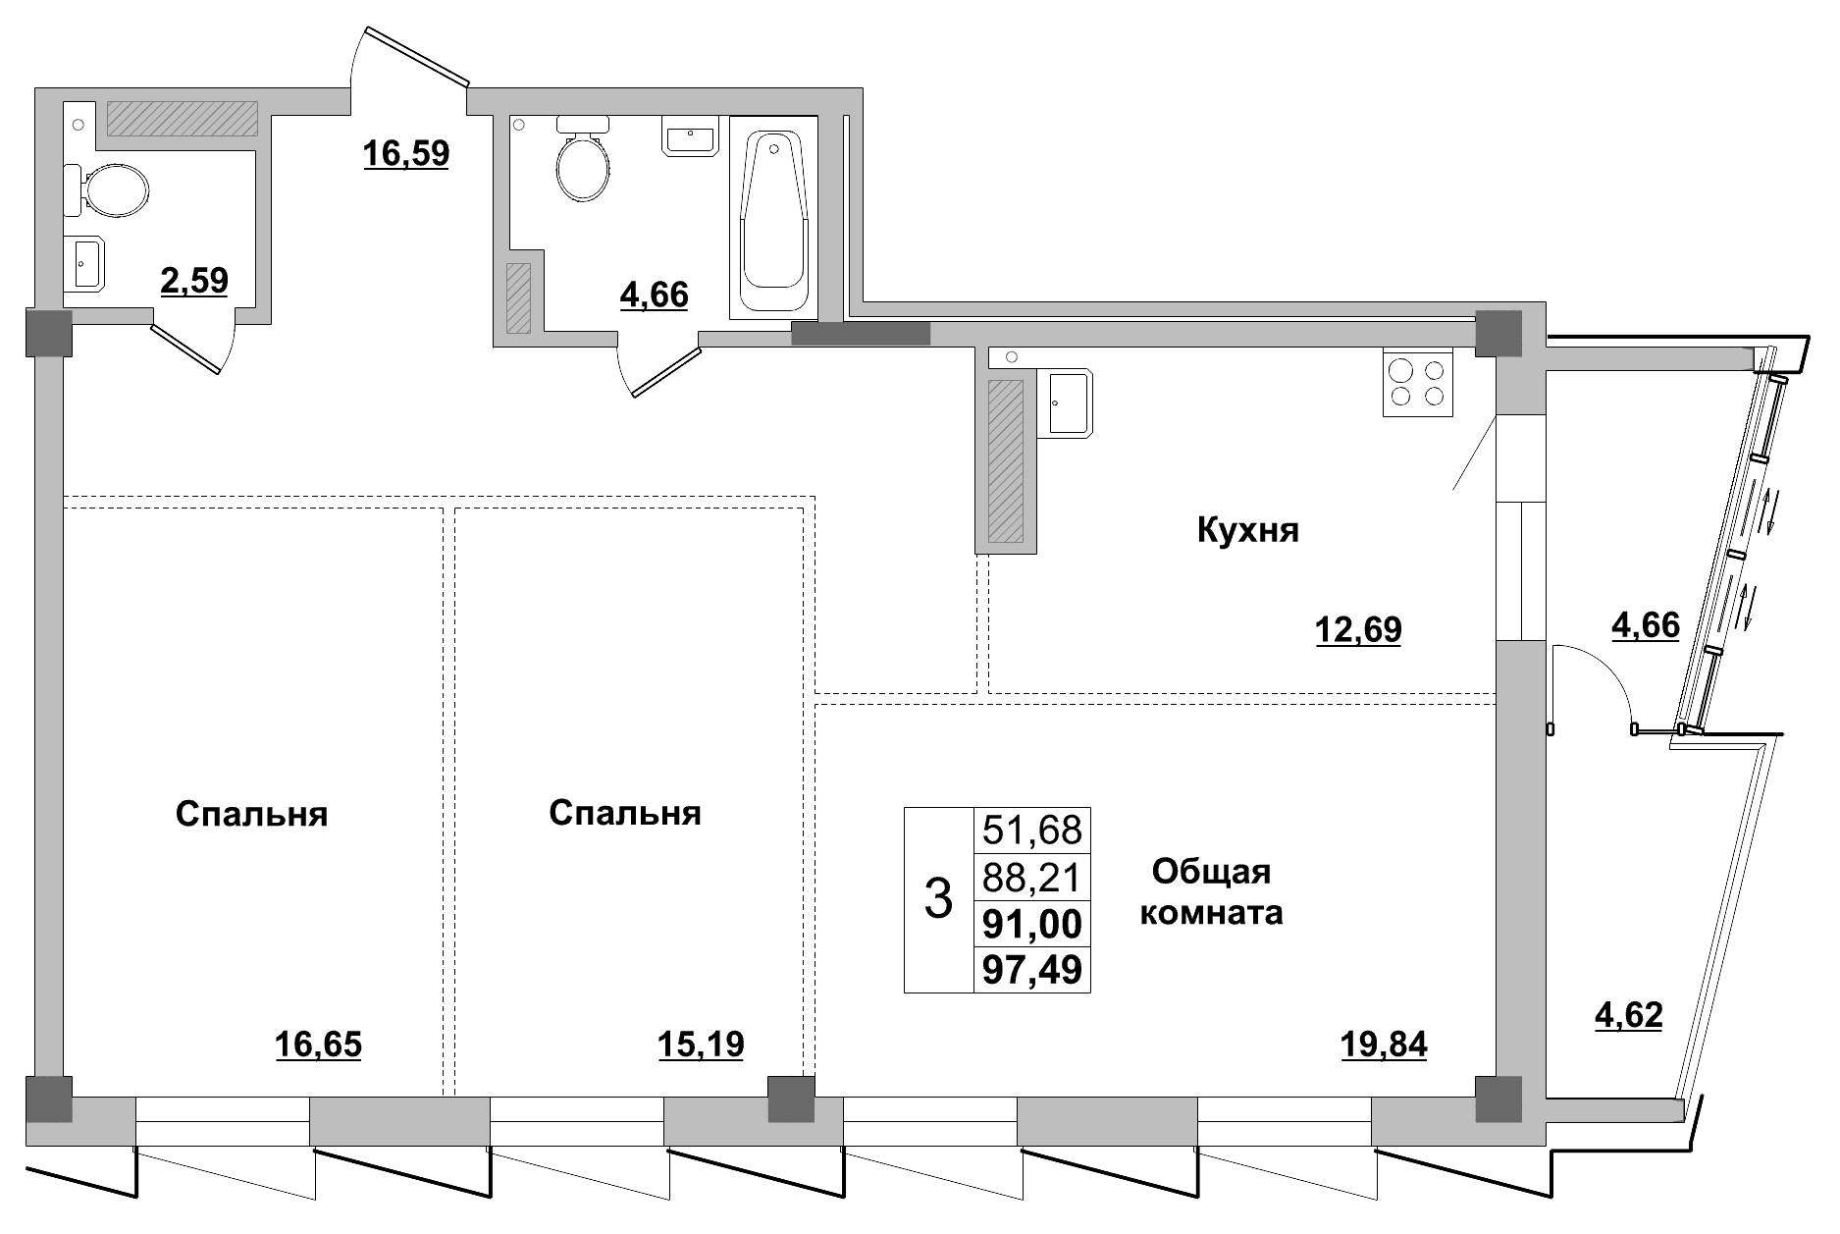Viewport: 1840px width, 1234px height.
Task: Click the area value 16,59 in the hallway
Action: [x=406, y=153]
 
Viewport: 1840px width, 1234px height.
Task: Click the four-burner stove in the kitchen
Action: [x=1417, y=383]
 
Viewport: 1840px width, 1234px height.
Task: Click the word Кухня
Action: [x=1247, y=531]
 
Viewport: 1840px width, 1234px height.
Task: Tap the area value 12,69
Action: [x=1358, y=629]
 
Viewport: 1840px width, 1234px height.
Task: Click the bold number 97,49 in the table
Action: [x=1031, y=970]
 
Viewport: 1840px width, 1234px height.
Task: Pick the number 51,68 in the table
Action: [x=1031, y=831]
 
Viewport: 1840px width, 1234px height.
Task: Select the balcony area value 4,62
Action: [x=1629, y=1015]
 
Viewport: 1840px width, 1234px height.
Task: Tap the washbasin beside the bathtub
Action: [x=693, y=136]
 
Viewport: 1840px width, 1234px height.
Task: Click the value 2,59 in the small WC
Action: [x=194, y=281]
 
